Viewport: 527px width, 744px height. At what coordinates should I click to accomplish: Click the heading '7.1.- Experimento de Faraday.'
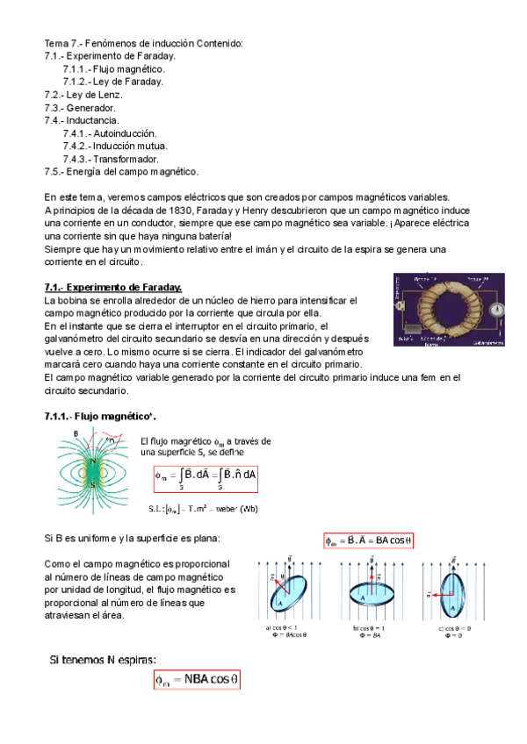[x=113, y=287]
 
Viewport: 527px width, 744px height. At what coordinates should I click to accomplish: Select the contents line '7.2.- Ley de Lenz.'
[x=83, y=94]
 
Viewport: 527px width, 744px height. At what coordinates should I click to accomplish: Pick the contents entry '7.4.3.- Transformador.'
[x=111, y=159]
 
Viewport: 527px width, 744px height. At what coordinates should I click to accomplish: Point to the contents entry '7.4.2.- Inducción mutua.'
[x=115, y=146]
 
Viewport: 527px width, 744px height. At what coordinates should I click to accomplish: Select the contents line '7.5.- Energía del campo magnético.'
[x=121, y=172]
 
